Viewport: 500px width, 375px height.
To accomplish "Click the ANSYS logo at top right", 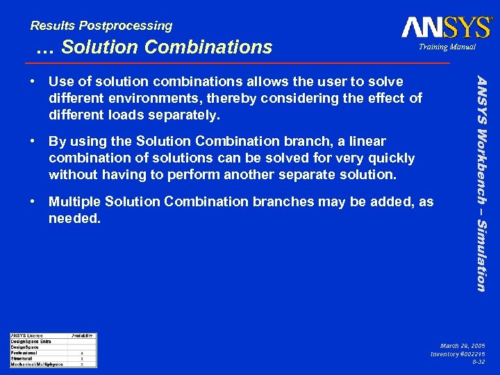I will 446,27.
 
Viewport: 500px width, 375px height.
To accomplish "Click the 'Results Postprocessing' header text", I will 101,26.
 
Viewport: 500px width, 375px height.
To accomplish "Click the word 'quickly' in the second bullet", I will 391,158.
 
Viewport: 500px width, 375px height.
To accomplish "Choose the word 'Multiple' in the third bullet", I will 74,202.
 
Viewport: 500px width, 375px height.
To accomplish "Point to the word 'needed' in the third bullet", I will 73,218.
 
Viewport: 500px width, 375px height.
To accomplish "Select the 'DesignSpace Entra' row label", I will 31,341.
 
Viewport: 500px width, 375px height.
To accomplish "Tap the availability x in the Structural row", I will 82,358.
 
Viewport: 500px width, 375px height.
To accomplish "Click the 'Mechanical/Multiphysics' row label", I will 37,364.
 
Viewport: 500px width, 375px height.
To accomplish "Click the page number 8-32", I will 478,362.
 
